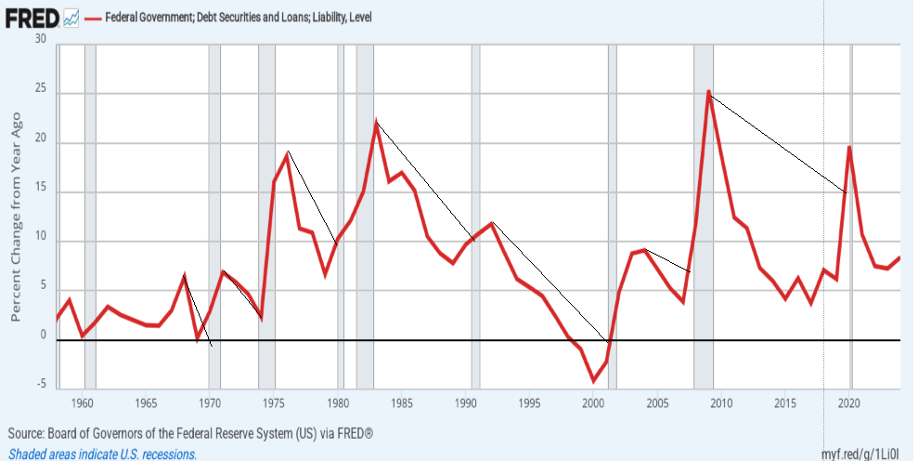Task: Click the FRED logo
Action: tap(32, 16)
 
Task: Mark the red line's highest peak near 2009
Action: tap(708, 91)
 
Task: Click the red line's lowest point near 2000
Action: tap(594, 381)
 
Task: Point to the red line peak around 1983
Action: tap(376, 123)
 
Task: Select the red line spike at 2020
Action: tap(849, 146)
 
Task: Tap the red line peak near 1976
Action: tap(288, 152)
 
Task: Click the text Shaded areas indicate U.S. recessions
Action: tap(102, 454)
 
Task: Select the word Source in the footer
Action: tap(28, 434)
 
